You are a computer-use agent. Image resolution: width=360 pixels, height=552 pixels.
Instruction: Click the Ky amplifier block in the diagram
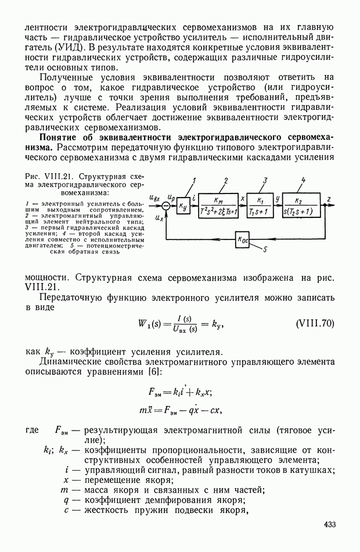point(184,205)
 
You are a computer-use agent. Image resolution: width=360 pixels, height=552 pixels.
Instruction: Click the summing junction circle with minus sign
point(166,205)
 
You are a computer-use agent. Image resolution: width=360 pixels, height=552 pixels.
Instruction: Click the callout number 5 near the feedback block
point(265,250)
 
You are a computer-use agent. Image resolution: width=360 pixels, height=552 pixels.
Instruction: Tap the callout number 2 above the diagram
point(225,181)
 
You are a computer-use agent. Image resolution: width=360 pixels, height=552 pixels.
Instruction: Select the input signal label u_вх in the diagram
point(154,198)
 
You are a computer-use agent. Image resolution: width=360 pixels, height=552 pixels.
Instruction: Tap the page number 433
point(330,525)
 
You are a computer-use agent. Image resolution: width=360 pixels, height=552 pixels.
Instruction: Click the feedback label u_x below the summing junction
point(160,217)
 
